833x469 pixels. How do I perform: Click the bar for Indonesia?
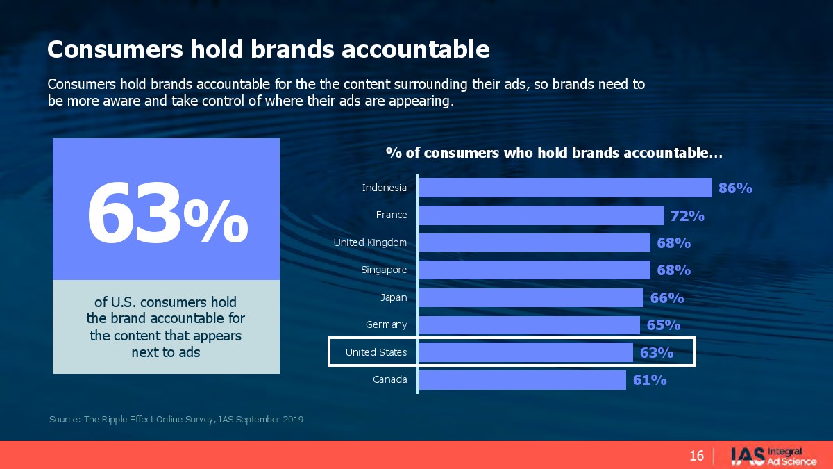pyautogui.click(x=565, y=188)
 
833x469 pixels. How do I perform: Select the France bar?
pyautogui.click(x=541, y=215)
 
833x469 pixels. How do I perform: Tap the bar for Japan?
pyautogui.click(x=531, y=298)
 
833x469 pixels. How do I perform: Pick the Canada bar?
pyautogui.click(x=523, y=379)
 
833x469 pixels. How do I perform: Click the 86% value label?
pyautogui.click(x=735, y=188)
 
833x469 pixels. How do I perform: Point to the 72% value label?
pyautogui.click(x=687, y=216)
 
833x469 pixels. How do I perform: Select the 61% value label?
pyautogui.click(x=650, y=380)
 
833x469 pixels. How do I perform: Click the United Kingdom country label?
pyautogui.click(x=370, y=242)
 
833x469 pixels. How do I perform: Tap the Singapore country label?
pyautogui.click(x=384, y=270)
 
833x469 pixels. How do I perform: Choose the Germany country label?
pyautogui.click(x=387, y=324)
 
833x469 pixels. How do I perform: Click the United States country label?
pyautogui.click(x=376, y=352)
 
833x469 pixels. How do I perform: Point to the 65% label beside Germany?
pyautogui.click(x=664, y=325)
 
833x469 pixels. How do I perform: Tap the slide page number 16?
pyautogui.click(x=696, y=456)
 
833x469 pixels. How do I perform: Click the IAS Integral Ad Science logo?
pyautogui.click(x=773, y=456)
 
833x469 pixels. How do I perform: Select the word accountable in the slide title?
pyautogui.click(x=415, y=49)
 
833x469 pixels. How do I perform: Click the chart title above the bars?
pyautogui.click(x=554, y=153)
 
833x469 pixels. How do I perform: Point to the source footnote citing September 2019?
pyautogui.click(x=176, y=420)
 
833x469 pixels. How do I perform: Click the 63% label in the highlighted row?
pyautogui.click(x=657, y=353)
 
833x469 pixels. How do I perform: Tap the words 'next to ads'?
pyautogui.click(x=166, y=352)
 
